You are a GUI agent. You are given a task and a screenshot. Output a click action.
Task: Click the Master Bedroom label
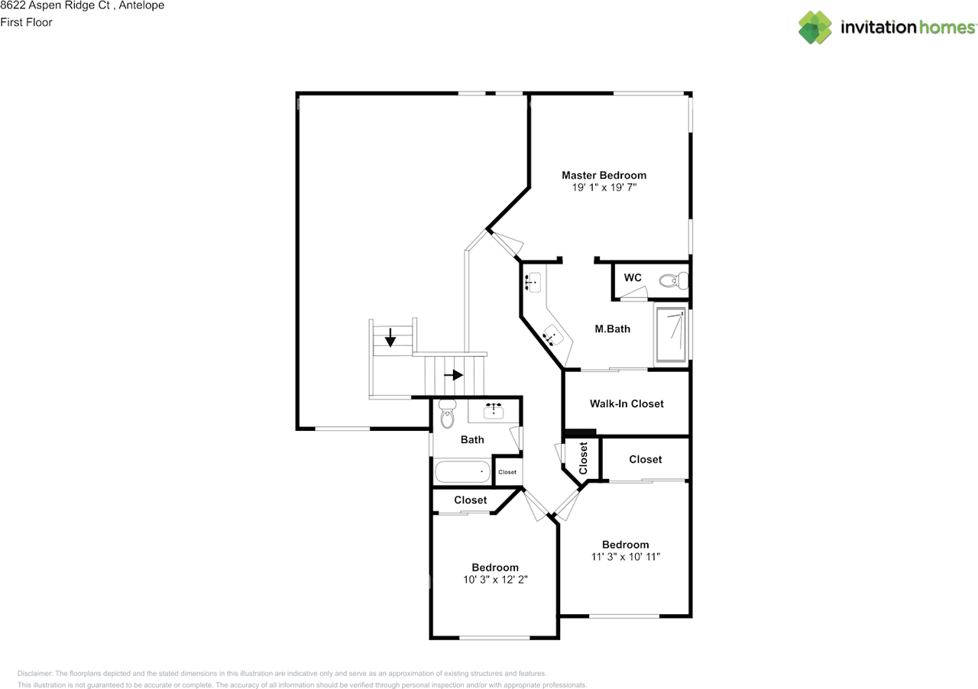coord(604,175)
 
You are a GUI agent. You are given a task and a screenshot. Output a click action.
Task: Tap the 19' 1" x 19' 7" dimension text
coord(604,187)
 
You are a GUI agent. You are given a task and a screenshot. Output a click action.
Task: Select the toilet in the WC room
coord(674,280)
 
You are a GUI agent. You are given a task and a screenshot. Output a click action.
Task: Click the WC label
coord(633,278)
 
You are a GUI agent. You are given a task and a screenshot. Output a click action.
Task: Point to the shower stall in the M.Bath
coord(671,335)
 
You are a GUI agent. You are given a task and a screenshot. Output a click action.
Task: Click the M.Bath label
coord(613,328)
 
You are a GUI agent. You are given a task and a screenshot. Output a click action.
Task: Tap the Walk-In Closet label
coord(627,404)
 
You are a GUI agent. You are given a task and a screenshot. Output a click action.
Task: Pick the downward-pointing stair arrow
coord(390,338)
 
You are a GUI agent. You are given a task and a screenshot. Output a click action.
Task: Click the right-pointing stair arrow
coord(454,375)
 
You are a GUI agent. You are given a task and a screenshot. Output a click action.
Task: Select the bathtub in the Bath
coord(463,471)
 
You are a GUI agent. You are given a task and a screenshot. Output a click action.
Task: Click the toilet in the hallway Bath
coord(447,413)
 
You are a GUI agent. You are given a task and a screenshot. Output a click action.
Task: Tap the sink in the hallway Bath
coord(494,411)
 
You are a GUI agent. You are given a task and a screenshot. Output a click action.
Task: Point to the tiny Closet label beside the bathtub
coord(507,472)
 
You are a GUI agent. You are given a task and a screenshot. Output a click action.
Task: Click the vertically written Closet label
coord(583,458)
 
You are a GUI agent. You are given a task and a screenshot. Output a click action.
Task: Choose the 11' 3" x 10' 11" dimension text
coord(626,557)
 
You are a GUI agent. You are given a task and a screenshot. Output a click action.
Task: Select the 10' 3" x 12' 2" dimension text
coord(496,580)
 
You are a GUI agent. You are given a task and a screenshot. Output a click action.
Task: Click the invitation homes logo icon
coord(815,27)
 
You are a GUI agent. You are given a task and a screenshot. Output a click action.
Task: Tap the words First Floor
coord(26,22)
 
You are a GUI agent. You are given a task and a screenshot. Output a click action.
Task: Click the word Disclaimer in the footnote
coord(35,673)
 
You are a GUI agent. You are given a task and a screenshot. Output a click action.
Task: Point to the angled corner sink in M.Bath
coord(553,335)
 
